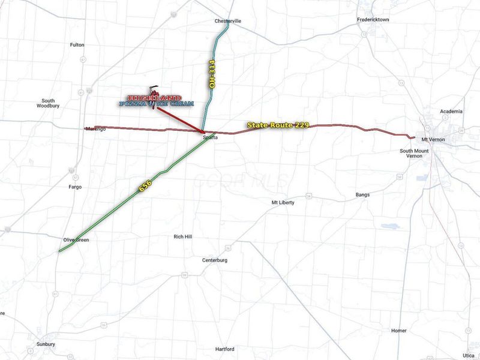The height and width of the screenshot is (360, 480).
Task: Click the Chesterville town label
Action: pyautogui.click(x=228, y=21)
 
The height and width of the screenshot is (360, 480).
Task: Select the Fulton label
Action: pyautogui.click(x=77, y=45)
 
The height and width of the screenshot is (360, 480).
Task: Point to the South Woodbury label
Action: pyautogui.click(x=48, y=103)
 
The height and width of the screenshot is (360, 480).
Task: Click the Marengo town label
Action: pyautogui.click(x=95, y=129)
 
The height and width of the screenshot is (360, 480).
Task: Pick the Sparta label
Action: pyautogui.click(x=210, y=138)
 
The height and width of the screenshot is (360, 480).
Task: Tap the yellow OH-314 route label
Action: pyautogui.click(x=212, y=74)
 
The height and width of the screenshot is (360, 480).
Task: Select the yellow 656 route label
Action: pyautogui.click(x=145, y=187)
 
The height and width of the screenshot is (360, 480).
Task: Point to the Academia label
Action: pyautogui.click(x=451, y=112)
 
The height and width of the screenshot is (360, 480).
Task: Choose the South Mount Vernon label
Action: pyautogui.click(x=415, y=153)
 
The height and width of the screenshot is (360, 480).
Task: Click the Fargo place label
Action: pyautogui.click(x=75, y=187)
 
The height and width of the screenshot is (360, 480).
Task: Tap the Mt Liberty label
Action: pyautogui.click(x=283, y=203)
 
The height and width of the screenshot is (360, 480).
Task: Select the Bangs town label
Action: pyautogui.click(x=362, y=195)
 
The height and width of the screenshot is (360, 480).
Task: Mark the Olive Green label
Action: pyautogui.click(x=76, y=240)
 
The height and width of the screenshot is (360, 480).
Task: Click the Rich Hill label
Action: pyautogui.click(x=183, y=237)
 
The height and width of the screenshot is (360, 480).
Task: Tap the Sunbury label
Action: pyautogui.click(x=45, y=344)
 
